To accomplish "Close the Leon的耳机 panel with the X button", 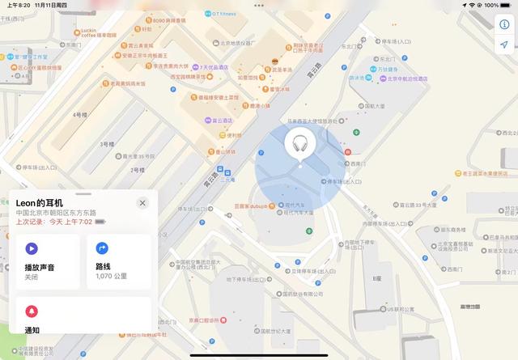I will point(142,203).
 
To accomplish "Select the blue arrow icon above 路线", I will point(102,248).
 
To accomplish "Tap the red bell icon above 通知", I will point(31,311).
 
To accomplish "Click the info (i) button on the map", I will point(503,23).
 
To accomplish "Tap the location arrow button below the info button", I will point(503,44).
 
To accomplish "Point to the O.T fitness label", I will point(219,12).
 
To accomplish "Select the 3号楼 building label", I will point(107,143).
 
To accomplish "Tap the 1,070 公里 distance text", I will point(111,276).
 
